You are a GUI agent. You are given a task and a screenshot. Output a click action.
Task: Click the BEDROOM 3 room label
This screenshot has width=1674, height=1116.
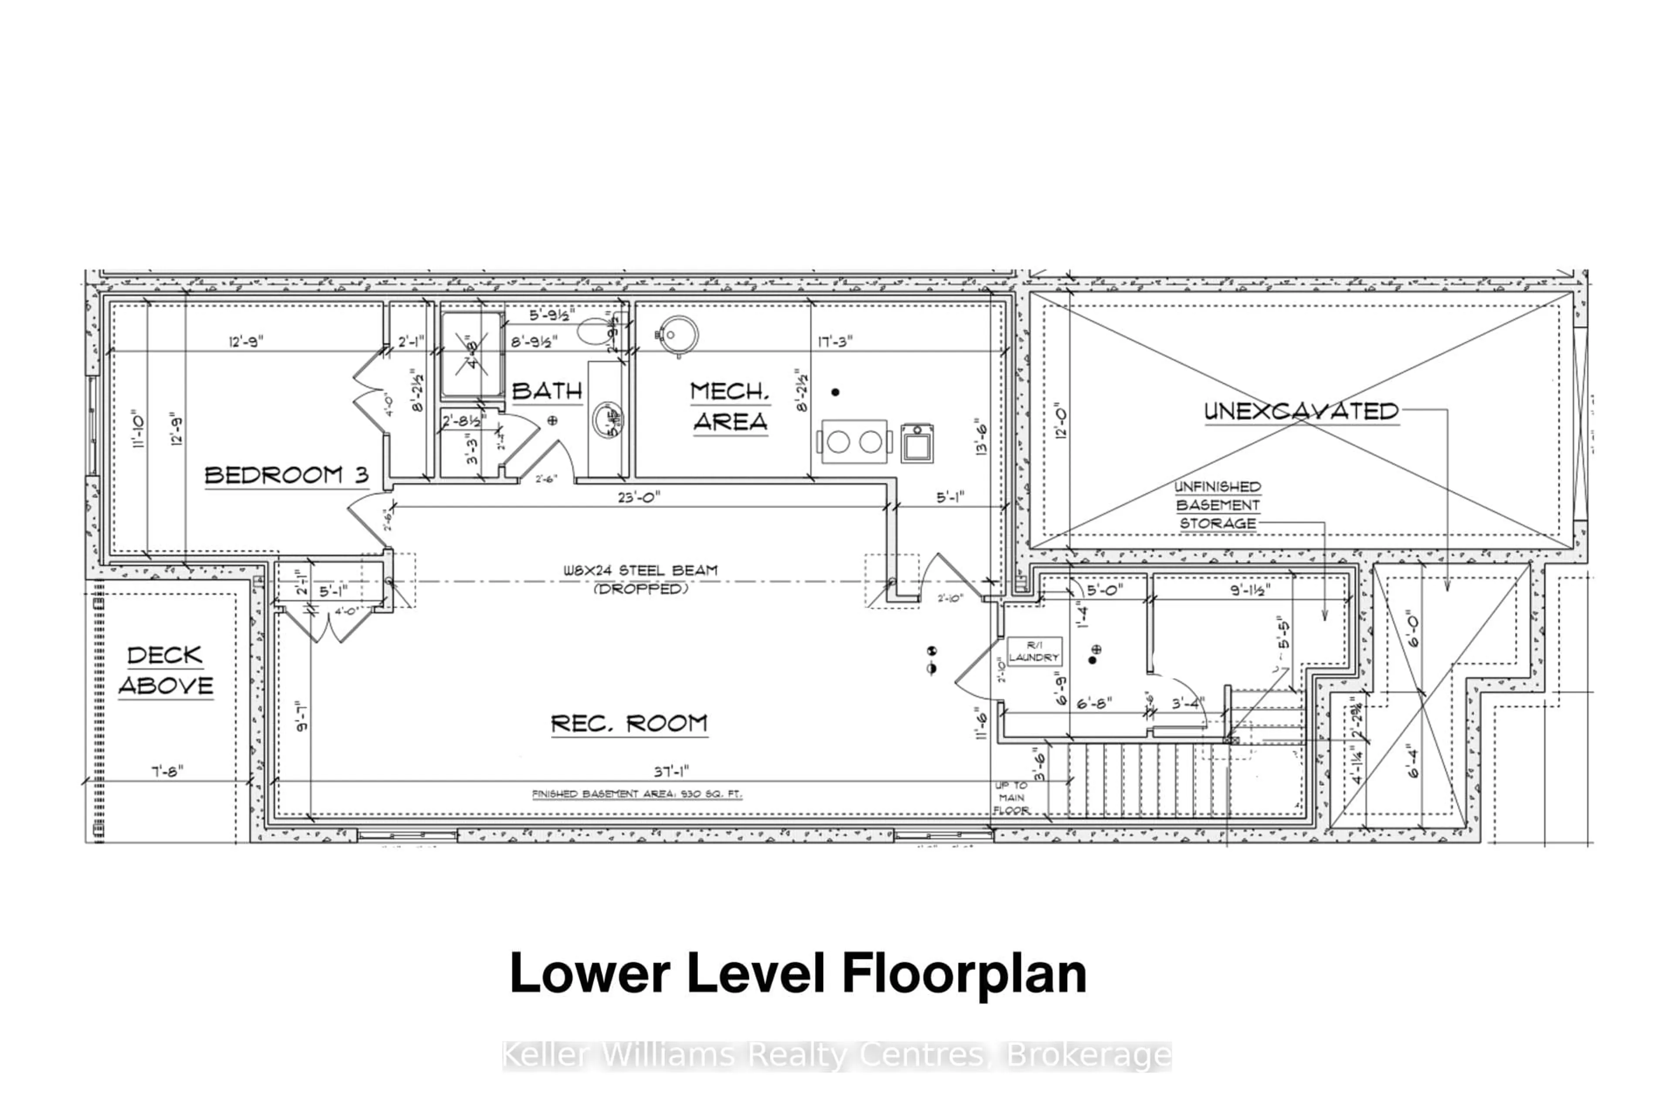pyautogui.click(x=286, y=476)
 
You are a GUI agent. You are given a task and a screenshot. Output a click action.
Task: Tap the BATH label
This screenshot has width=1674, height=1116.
pyautogui.click(x=547, y=391)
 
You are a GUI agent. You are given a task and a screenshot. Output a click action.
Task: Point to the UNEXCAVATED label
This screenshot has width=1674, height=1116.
pyautogui.click(x=1301, y=412)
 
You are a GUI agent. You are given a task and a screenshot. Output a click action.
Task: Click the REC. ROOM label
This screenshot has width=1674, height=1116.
pyautogui.click(x=629, y=724)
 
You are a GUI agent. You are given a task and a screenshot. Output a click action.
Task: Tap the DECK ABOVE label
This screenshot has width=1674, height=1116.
pyautogui.click(x=166, y=670)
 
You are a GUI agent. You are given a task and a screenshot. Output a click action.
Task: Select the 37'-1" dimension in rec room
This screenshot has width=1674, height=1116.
pyautogui.click(x=671, y=771)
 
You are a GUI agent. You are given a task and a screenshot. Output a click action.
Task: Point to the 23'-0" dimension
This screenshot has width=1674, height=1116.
pyautogui.click(x=638, y=497)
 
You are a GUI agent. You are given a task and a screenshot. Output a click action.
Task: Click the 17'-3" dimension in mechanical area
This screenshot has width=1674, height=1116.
pyautogui.click(x=835, y=342)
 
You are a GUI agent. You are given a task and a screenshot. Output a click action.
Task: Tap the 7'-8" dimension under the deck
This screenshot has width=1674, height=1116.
pyautogui.click(x=167, y=771)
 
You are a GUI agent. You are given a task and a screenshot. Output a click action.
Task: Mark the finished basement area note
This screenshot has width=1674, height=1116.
pyautogui.click(x=637, y=793)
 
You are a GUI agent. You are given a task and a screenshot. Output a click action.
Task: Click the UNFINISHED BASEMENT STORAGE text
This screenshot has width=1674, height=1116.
pyautogui.click(x=1217, y=505)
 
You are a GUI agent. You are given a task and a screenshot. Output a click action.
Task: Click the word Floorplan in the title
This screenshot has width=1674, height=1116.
pyautogui.click(x=964, y=973)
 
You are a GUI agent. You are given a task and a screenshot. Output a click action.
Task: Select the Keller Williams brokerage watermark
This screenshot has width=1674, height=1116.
pyautogui.click(x=836, y=1055)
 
